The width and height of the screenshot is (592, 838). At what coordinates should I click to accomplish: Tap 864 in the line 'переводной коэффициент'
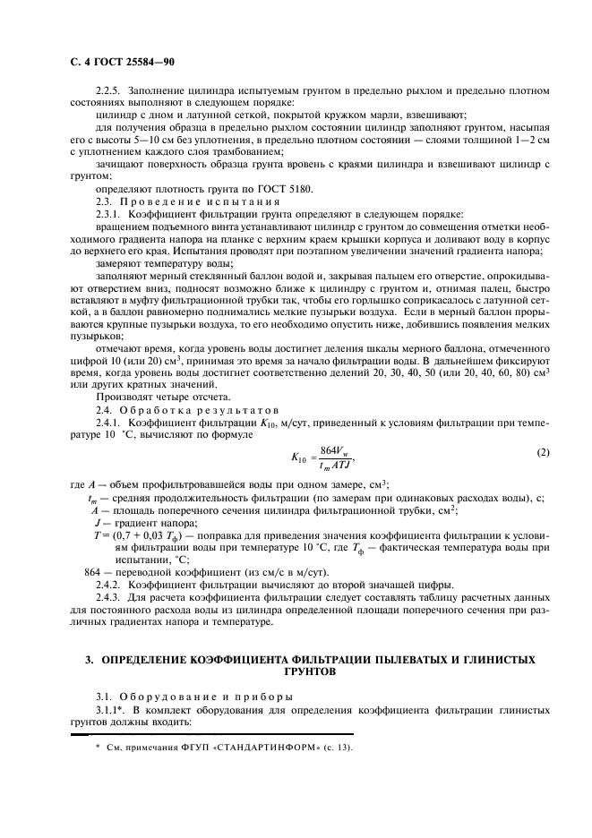pyautogui.click(x=92, y=571)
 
